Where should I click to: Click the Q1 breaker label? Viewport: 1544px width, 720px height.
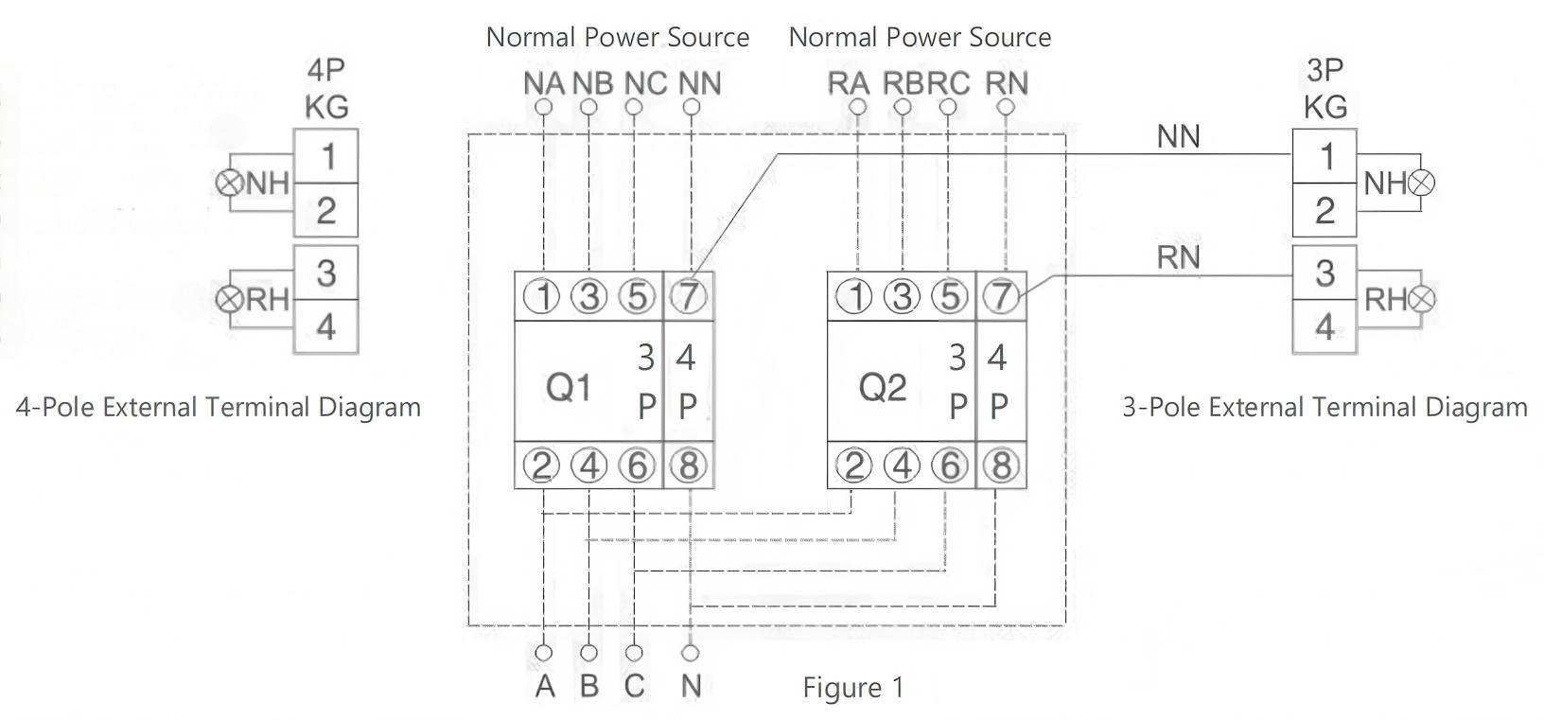point(570,386)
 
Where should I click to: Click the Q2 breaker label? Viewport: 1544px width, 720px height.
point(883,386)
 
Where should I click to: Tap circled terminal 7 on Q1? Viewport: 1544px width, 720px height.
point(688,297)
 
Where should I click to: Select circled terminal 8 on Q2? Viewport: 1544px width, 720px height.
point(1000,465)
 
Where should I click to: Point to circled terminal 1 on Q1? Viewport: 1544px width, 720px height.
point(543,297)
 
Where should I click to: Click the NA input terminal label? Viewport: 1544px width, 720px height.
point(544,83)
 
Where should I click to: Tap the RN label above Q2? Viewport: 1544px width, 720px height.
point(1007,83)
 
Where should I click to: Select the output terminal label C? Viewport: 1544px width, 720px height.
point(634,686)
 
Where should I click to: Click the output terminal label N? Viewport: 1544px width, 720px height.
point(691,686)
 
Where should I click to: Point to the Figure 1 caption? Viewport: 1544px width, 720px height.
point(853,687)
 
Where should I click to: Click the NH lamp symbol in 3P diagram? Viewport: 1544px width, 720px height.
point(1421,183)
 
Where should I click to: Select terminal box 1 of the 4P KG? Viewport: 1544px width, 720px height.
point(326,156)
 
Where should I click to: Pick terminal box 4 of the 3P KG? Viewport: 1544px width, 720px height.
point(1325,327)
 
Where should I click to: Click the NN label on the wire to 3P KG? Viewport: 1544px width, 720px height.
point(1178,137)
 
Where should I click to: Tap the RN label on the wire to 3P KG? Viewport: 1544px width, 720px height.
point(1178,256)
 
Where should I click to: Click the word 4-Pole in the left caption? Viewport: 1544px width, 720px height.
point(55,408)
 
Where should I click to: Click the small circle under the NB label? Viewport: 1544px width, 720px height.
point(588,107)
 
